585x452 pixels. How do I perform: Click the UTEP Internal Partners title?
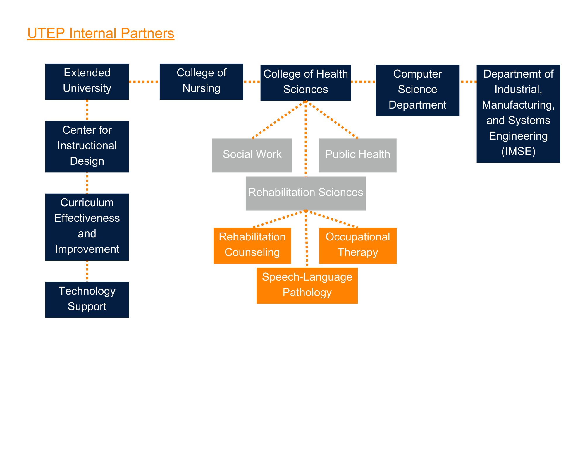pyautogui.click(x=101, y=33)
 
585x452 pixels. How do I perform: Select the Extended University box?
pyautogui.click(x=87, y=82)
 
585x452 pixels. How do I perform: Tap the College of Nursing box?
pyautogui.click(x=201, y=82)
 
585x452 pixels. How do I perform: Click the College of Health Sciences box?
pyautogui.click(x=305, y=83)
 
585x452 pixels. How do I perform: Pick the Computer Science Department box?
pyautogui.click(x=417, y=90)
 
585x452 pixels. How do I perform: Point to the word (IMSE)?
pyautogui.click(x=518, y=152)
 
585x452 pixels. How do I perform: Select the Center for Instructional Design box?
pyautogui.click(x=87, y=146)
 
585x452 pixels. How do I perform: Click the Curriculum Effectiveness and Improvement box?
pyautogui.click(x=87, y=227)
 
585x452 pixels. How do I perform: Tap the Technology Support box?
pyautogui.click(x=87, y=299)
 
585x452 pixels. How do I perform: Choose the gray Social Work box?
pyautogui.click(x=252, y=155)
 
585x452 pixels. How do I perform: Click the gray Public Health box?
pyautogui.click(x=357, y=155)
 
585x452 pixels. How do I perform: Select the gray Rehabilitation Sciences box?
pyautogui.click(x=305, y=193)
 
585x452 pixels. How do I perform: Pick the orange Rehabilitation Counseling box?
pyautogui.click(x=252, y=245)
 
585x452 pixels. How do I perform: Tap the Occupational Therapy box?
pyautogui.click(x=357, y=245)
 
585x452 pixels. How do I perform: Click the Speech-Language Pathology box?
pyautogui.click(x=307, y=285)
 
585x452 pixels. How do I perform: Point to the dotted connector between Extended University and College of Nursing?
pyautogui.click(x=144, y=82)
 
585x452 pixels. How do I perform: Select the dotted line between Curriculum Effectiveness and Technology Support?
pyautogui.click(x=87, y=271)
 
